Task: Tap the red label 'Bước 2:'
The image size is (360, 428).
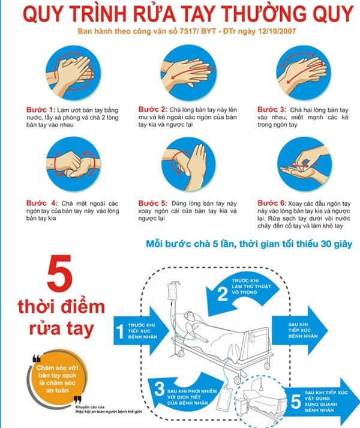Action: pyautogui.click(x=152, y=109)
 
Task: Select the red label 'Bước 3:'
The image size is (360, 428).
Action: pyautogui.click(x=272, y=110)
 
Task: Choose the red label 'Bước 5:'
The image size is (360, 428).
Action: pyautogui.click(x=152, y=203)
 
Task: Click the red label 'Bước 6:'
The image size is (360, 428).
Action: pyautogui.click(x=272, y=203)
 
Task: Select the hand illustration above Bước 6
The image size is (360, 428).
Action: pyautogui.click(x=302, y=164)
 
